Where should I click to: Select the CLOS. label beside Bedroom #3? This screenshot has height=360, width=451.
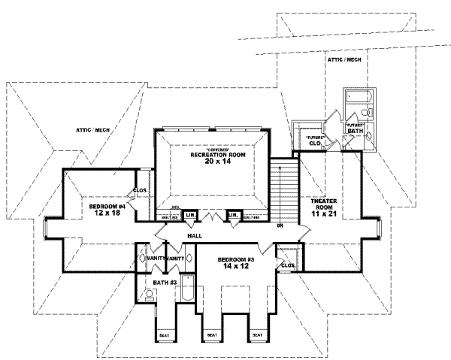coord(286,265)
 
